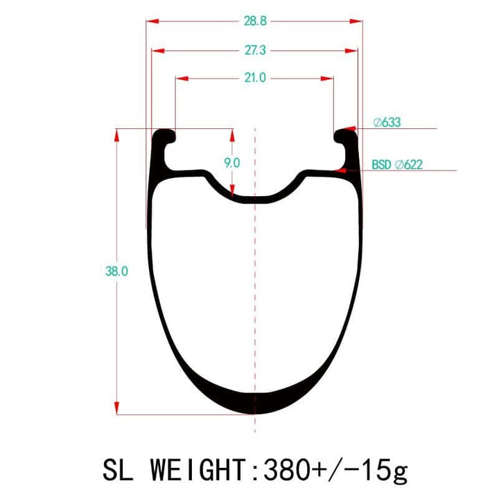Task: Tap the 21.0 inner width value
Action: coord(254,78)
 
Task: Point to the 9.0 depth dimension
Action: coord(231,163)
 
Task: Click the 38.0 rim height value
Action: coord(116,271)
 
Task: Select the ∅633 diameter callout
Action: coord(387,123)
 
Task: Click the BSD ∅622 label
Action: coord(397,165)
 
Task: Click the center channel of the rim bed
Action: coord(255,198)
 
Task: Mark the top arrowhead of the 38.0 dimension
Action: coord(117,134)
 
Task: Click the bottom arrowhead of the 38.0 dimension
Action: coord(117,408)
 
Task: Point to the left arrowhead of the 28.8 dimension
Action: coord(152,21)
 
